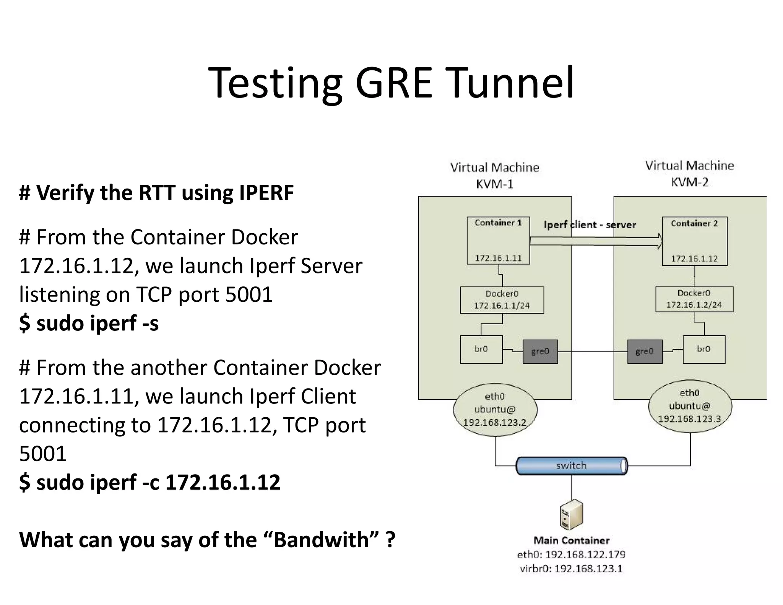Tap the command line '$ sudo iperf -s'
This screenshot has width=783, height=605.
[89, 323]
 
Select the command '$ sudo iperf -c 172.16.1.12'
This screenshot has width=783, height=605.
[149, 482]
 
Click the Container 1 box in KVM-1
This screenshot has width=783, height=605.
[498, 240]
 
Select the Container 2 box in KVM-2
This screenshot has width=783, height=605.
[694, 241]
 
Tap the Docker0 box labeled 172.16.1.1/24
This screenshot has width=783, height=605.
[502, 300]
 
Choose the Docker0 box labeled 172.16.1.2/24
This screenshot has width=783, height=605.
[694, 299]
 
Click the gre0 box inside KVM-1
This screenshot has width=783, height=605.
[540, 351]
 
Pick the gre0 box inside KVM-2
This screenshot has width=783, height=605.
[645, 351]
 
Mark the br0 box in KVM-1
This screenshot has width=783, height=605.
[481, 349]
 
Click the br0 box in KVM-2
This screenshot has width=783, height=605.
[704, 349]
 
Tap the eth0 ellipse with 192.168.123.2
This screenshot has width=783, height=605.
[495, 410]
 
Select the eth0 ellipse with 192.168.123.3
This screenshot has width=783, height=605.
[690, 406]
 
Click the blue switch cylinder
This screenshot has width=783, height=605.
[571, 465]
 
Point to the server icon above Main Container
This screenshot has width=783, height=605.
[571, 515]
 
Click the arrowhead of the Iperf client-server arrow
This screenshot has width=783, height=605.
[660, 241]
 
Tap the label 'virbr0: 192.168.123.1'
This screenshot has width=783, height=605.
[571, 569]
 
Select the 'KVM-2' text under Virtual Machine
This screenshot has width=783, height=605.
[689, 182]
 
